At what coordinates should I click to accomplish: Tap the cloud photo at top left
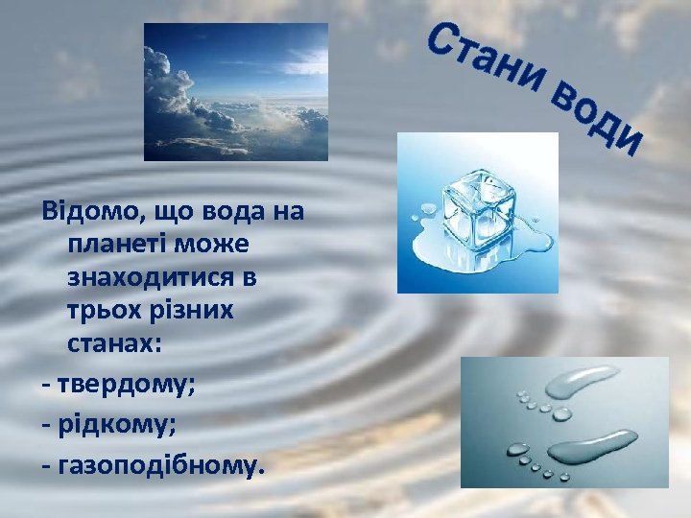(235, 91)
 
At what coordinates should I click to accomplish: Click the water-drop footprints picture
(563, 420)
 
